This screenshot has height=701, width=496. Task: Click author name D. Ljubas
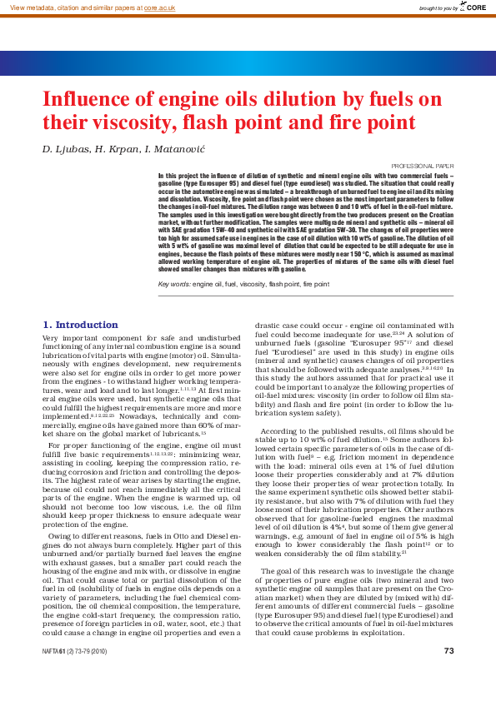tap(66, 149)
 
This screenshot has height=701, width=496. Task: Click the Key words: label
tap(175, 285)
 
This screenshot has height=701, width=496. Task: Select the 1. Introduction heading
tap(80, 324)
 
